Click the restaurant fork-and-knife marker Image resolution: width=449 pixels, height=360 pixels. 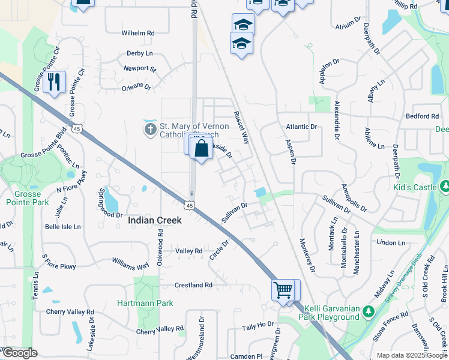[55, 82]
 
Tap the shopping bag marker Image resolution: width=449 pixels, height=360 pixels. [201, 147]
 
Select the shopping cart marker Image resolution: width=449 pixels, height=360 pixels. [283, 290]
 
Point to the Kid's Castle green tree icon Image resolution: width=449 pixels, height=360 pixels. [444, 187]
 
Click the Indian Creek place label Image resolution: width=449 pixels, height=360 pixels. [155, 220]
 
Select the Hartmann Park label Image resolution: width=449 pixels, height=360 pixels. [145, 303]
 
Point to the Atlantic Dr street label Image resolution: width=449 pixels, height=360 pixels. [301, 127]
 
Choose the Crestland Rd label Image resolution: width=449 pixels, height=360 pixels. [194, 285]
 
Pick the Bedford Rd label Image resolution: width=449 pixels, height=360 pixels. [423, 116]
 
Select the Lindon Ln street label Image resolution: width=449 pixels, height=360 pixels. [391, 242]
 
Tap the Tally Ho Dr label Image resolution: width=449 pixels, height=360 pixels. [258, 326]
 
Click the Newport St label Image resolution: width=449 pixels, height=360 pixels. [140, 69]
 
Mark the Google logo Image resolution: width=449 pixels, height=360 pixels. [19, 353]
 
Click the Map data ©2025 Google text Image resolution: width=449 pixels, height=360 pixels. [411, 355]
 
